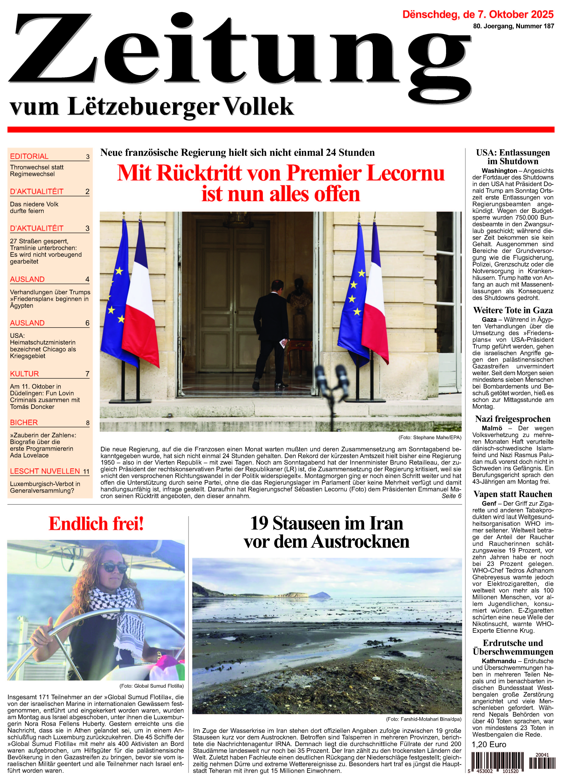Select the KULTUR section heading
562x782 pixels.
(24, 374)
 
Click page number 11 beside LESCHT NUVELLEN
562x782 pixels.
(86, 471)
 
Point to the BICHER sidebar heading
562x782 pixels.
(24, 422)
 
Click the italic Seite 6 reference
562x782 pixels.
(451, 496)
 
